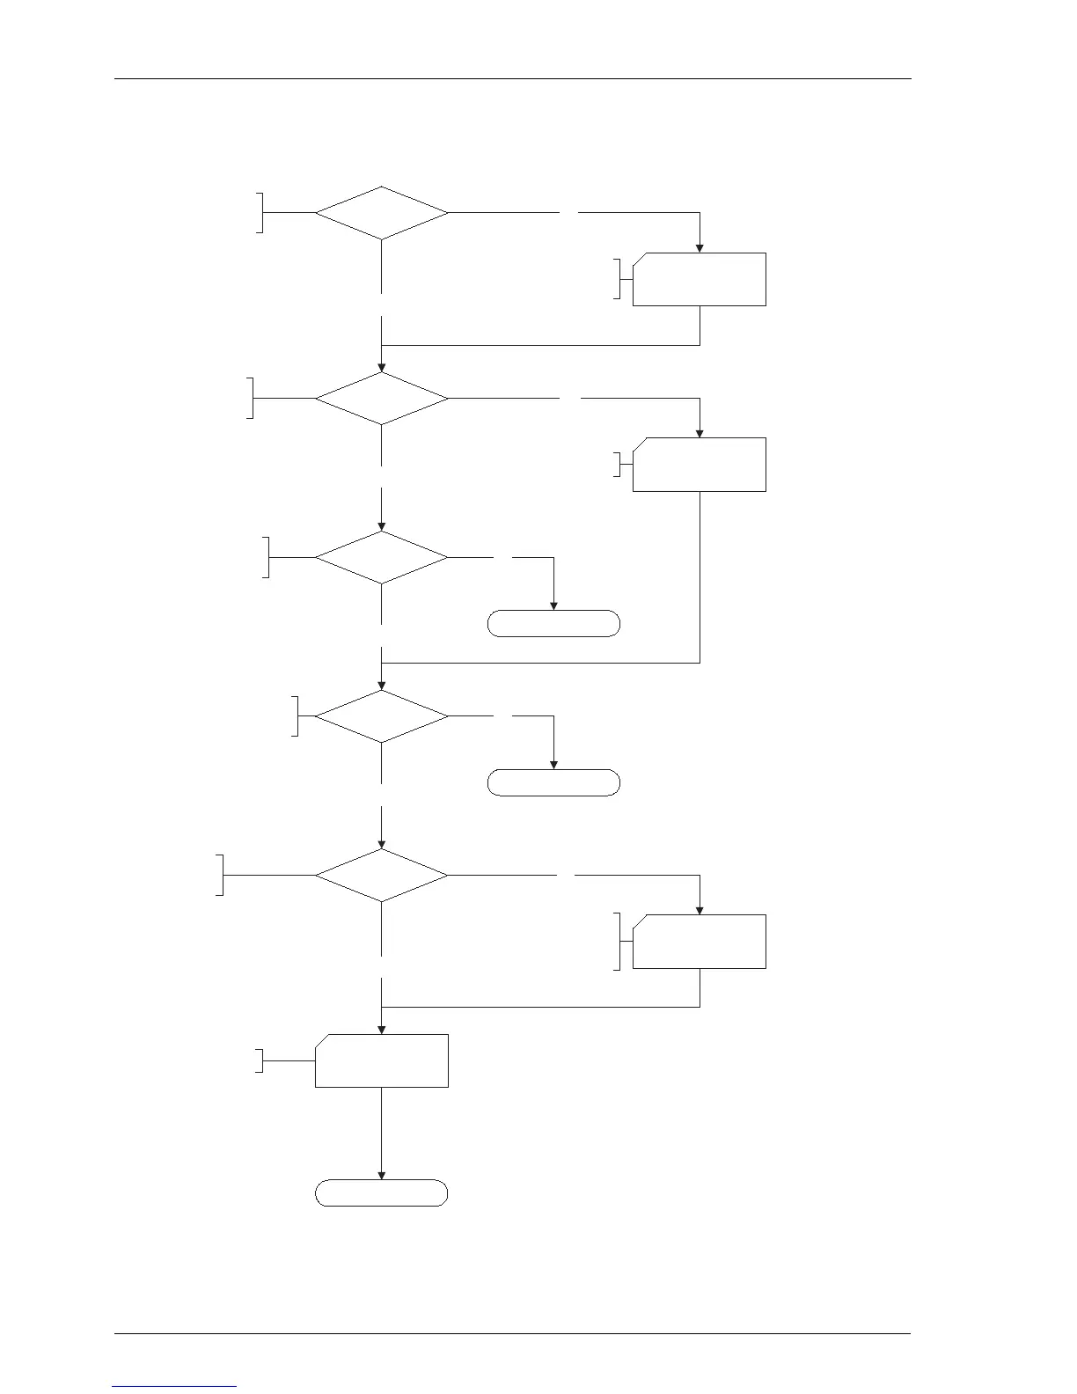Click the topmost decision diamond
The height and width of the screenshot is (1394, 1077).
[382, 213]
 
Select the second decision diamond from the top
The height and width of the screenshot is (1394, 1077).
[382, 399]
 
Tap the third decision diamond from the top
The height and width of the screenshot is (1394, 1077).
[382, 557]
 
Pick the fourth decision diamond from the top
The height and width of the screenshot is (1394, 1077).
[382, 716]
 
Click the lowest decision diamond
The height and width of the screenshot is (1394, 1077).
[382, 876]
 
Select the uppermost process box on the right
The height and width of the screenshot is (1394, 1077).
[700, 279]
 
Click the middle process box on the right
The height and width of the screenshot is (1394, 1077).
[700, 464]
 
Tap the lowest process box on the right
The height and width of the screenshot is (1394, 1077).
[700, 942]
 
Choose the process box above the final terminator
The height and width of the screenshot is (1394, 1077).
[382, 1060]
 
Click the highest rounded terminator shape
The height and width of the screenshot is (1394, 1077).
[553, 624]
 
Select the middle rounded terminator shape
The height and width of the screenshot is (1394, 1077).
[553, 782]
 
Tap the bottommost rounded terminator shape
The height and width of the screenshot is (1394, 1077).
[382, 1192]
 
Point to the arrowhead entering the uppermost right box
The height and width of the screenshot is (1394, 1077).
[700, 247]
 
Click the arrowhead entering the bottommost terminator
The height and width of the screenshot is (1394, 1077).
[382, 1174]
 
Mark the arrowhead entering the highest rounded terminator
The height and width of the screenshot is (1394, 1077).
[553, 605]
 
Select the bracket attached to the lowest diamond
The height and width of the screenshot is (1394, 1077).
[221, 876]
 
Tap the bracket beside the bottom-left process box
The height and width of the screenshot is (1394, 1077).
[260, 1060]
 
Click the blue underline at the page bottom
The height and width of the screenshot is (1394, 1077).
[174, 1387]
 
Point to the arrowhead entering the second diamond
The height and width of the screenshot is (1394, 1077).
[382, 366]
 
